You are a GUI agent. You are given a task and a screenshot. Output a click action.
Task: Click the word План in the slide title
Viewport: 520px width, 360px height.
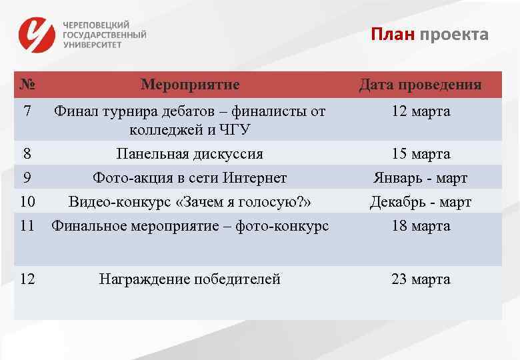[x=393, y=34]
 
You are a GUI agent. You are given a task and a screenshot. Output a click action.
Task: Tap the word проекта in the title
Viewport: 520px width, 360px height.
[x=454, y=34]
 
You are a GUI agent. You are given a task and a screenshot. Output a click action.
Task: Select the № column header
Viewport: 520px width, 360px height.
[x=27, y=85]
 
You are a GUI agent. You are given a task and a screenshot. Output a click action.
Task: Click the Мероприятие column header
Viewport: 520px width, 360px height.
[x=190, y=85]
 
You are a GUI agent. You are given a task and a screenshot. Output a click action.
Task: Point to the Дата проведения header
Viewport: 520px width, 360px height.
[x=420, y=85]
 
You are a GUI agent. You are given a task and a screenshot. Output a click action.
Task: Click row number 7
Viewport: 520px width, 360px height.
[x=27, y=111]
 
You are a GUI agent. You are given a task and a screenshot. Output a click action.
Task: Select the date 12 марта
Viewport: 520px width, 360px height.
[x=421, y=111]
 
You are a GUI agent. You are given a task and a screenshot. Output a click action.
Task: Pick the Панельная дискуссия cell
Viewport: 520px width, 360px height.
[x=189, y=154]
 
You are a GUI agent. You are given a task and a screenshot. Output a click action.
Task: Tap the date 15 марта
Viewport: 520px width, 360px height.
[x=421, y=154]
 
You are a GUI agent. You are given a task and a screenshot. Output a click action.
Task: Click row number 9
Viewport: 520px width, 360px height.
[x=27, y=178]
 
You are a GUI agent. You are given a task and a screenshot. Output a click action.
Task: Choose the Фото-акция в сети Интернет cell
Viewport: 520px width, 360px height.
[x=189, y=178]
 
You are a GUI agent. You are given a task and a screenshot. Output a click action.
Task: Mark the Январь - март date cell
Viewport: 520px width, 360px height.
[x=421, y=178]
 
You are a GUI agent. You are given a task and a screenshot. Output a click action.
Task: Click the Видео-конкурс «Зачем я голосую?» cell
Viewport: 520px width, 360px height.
[x=190, y=202]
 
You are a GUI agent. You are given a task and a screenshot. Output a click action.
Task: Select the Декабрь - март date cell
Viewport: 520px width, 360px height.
[x=421, y=202]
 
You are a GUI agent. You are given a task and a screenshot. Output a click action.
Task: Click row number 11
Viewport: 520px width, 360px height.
[x=27, y=226]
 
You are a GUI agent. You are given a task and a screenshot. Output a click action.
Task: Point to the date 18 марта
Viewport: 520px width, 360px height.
[x=421, y=226]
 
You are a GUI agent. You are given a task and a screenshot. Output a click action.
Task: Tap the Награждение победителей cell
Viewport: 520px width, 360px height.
[x=189, y=279]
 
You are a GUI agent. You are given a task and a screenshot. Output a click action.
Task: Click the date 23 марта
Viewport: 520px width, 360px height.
[x=421, y=279]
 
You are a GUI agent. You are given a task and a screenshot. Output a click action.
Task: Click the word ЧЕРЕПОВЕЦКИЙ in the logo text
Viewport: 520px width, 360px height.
[x=96, y=24]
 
